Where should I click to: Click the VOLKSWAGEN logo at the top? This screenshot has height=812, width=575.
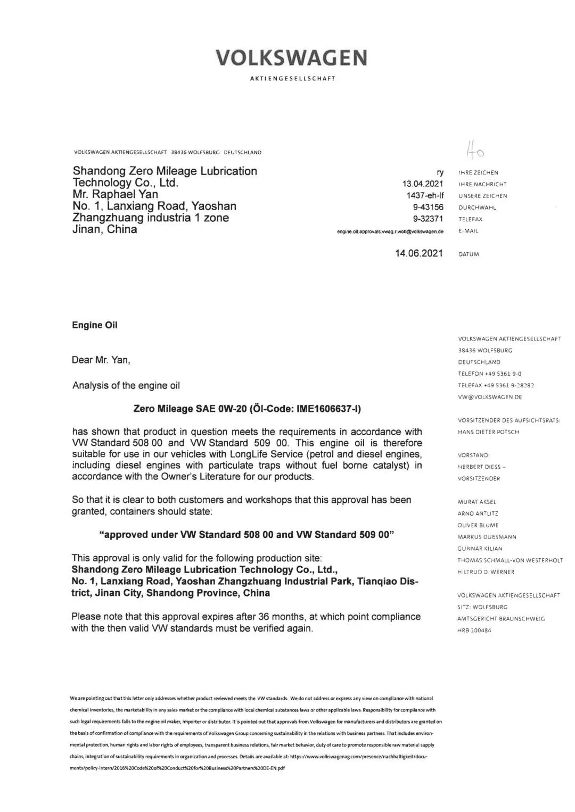pyautogui.click(x=291, y=57)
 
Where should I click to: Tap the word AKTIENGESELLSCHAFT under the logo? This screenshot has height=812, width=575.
pyautogui.click(x=292, y=79)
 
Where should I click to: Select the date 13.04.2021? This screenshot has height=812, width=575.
pyautogui.click(x=423, y=184)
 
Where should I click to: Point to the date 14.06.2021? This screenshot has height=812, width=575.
pyautogui.click(x=418, y=253)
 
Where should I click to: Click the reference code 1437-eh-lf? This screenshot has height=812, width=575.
pyautogui.click(x=425, y=196)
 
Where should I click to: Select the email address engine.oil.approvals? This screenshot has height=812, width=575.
pyautogui.click(x=390, y=231)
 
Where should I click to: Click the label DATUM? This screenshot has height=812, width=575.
pyautogui.click(x=469, y=254)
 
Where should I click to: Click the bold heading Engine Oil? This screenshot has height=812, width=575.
pyautogui.click(x=95, y=325)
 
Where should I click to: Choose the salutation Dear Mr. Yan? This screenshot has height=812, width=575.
pyautogui.click(x=101, y=360)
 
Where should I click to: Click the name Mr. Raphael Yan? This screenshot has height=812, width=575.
pyautogui.click(x=115, y=194)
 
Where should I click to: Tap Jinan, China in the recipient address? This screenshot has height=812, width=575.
pyautogui.click(x=105, y=229)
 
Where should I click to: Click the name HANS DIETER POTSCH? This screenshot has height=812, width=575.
pyautogui.click(x=488, y=432)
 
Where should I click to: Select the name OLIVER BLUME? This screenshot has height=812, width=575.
pyautogui.click(x=478, y=525)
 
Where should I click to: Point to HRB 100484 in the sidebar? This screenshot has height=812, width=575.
pyautogui.click(x=474, y=631)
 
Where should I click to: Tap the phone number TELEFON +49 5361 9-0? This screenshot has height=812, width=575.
pyautogui.click(x=490, y=374)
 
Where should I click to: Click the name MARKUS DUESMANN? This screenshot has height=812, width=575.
pyautogui.click(x=487, y=537)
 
